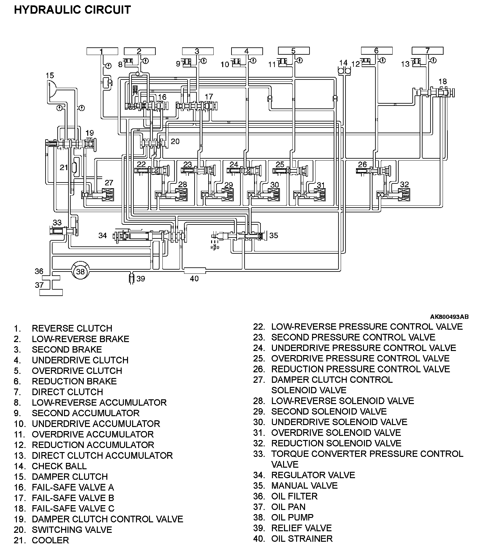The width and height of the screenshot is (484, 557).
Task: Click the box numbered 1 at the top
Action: pyautogui.click(x=102, y=51)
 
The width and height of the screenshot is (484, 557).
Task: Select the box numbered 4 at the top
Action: pyautogui.click(x=247, y=51)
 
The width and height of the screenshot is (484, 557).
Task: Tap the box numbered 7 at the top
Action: pyautogui.click(x=427, y=51)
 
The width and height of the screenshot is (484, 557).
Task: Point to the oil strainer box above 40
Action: pyautogui.click(x=195, y=271)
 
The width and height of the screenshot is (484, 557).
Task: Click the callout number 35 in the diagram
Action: pyautogui.click(x=274, y=235)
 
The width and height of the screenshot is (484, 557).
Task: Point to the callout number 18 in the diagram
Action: pyautogui.click(x=442, y=81)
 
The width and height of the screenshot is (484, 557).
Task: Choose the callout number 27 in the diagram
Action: pyautogui.click(x=109, y=182)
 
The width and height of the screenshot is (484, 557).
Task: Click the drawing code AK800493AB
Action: pyautogui.click(x=449, y=317)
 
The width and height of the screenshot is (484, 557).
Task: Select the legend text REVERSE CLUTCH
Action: pyautogui.click(x=72, y=328)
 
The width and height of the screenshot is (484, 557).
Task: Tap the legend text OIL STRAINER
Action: pyautogui.click(x=302, y=539)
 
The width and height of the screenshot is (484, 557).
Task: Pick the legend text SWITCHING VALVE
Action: pyautogui.click(x=72, y=530)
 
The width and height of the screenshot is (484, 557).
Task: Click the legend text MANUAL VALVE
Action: pyautogui.click(x=304, y=485)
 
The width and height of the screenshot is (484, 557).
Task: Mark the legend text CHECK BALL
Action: pyautogui.click(x=59, y=466)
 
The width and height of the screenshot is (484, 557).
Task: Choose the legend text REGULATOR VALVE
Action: pyautogui.click(x=313, y=475)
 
